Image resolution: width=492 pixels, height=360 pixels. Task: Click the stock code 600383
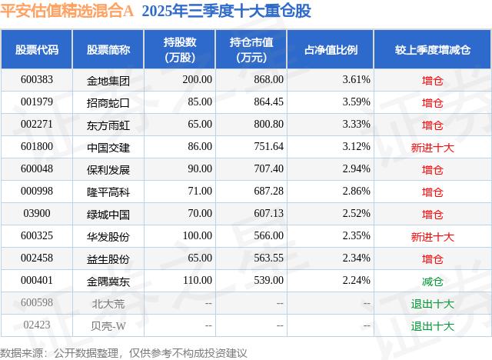pos(36,79)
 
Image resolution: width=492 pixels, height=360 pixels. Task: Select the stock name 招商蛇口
pos(108,102)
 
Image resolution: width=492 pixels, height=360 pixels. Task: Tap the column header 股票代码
pos(36,50)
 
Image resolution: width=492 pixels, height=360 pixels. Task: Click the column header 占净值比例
pos(336,50)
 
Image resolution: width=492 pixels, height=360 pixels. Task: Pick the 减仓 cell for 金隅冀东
pos(433,281)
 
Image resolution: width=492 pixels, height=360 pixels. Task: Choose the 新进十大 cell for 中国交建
pos(433,146)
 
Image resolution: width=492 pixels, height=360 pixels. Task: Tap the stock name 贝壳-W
pos(108,325)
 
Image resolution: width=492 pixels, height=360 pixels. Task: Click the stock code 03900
pos(36,214)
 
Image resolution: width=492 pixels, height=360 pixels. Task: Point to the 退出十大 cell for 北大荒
pos(433,303)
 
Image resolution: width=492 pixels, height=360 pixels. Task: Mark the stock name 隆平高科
pos(108,192)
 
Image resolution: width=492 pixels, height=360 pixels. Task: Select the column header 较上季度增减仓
pos(433,50)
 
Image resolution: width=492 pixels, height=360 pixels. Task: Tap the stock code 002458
pos(36,258)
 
